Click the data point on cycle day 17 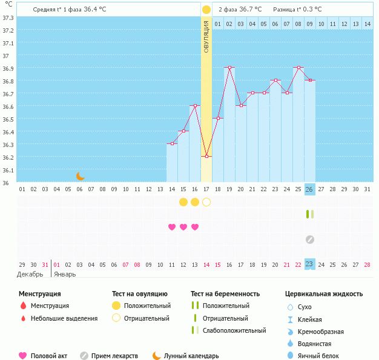206,156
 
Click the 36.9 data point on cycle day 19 229,68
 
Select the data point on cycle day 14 172,143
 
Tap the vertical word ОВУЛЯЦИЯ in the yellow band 206,36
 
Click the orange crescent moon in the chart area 80,176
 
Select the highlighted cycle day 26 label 309,189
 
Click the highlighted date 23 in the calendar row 309,264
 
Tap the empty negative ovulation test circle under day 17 206,201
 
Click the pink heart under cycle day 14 172,227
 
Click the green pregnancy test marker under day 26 309,214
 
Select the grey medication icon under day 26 309,240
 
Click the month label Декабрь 30,274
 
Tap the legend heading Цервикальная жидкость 324,294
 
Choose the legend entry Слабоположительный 234,330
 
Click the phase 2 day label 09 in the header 309,24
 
